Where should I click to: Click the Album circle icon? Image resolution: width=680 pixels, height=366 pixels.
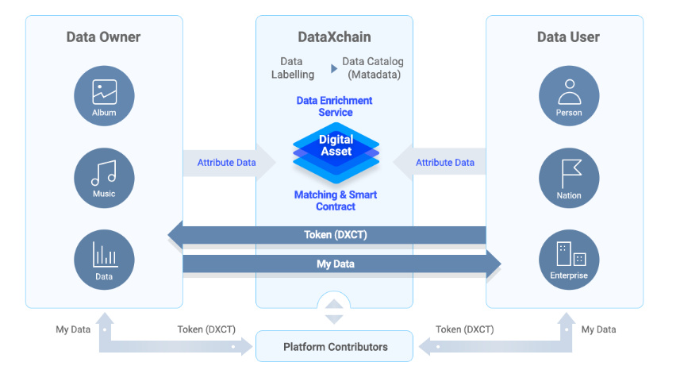click(x=104, y=96)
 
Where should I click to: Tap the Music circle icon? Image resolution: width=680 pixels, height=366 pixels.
click(x=104, y=177)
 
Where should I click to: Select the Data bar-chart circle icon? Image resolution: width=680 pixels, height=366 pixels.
click(x=104, y=260)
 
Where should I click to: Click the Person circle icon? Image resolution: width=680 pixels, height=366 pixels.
click(x=569, y=96)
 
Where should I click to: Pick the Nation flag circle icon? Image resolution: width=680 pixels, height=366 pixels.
click(x=569, y=178)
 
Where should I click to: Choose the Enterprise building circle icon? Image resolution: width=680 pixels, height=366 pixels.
click(x=569, y=260)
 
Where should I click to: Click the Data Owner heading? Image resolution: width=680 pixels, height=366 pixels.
click(x=104, y=37)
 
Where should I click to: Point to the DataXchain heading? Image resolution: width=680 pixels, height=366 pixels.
click(x=334, y=37)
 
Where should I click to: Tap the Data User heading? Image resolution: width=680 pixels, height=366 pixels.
click(x=568, y=37)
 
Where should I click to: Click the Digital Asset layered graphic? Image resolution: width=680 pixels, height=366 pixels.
click(x=336, y=148)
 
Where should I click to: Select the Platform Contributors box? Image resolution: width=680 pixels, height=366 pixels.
click(x=335, y=346)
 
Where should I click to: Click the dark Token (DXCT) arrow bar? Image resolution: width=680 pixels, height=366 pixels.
click(x=334, y=234)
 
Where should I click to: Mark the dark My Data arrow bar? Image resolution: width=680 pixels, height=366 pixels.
click(x=336, y=263)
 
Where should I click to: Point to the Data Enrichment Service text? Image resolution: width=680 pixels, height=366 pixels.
click(x=334, y=106)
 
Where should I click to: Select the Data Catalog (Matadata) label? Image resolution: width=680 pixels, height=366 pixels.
click(x=373, y=67)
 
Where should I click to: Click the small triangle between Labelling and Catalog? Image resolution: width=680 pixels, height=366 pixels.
click(x=334, y=68)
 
